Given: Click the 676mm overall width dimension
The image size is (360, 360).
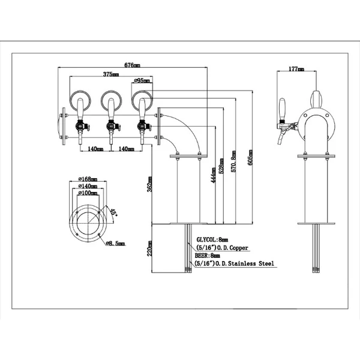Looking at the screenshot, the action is [132, 65].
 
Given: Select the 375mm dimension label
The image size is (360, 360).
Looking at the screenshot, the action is [111, 74].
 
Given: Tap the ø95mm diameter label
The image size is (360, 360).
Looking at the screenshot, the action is [142, 80].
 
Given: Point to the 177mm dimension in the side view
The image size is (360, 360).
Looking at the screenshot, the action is [296, 68].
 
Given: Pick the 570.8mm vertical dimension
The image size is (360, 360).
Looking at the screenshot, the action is [233, 161].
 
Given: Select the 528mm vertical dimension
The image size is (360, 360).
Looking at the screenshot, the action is [221, 166].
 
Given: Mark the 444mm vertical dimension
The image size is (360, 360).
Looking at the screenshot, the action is [213, 175].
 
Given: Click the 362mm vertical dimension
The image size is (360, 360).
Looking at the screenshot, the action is [149, 184].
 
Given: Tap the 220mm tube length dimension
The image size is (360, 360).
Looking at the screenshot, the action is [149, 248].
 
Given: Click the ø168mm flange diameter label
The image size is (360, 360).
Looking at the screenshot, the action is [88, 179].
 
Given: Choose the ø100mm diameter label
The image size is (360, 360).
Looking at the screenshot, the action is [88, 193].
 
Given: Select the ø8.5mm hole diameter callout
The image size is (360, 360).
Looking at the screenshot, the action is [115, 244].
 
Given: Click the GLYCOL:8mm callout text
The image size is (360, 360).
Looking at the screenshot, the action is [212, 239].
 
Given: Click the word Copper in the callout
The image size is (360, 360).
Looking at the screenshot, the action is [239, 248].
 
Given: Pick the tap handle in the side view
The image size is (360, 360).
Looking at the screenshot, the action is [282, 110].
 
